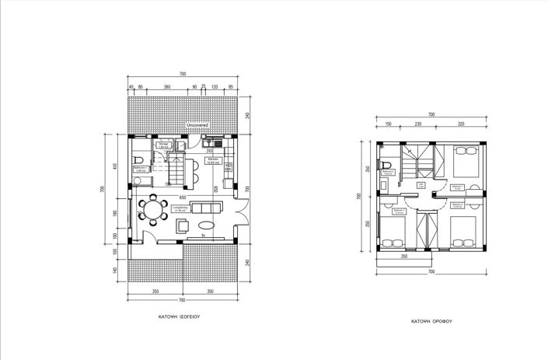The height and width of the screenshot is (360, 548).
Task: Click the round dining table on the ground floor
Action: tap(152, 210)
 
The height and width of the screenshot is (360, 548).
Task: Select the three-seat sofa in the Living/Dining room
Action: tap(206, 208)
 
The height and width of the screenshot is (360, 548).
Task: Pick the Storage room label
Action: tap(164, 145)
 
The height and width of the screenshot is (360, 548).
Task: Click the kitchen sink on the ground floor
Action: tap(208, 143)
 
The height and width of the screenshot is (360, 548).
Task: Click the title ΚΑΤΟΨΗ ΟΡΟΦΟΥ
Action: tap(433, 320)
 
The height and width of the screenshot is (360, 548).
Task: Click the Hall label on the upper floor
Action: tap(421, 185)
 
